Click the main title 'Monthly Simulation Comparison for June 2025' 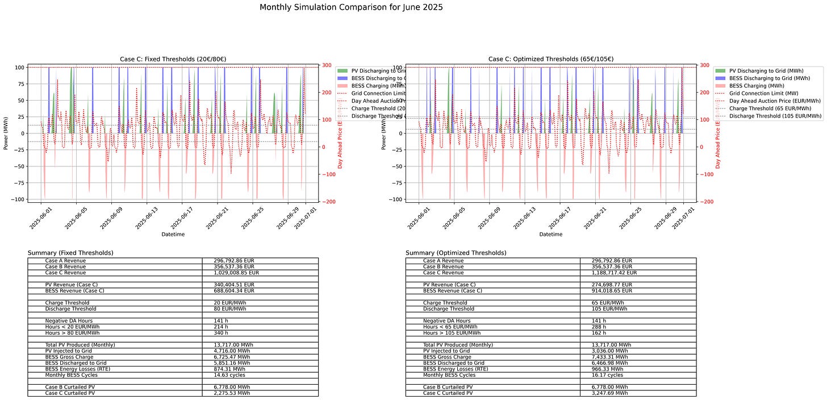point(350,7)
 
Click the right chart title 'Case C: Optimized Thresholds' point(551,59)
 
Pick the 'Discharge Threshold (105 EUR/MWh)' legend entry point(775,116)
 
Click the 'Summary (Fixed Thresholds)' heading point(70,253)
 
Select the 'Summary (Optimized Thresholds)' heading point(456,253)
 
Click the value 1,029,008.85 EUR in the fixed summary point(236,273)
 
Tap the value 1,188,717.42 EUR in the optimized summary point(615,273)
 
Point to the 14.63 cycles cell point(229,375)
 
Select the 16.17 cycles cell point(607,375)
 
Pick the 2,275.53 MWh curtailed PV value point(232,393)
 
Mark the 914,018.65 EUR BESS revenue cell point(612,291)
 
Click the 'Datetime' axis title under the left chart point(172,234)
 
